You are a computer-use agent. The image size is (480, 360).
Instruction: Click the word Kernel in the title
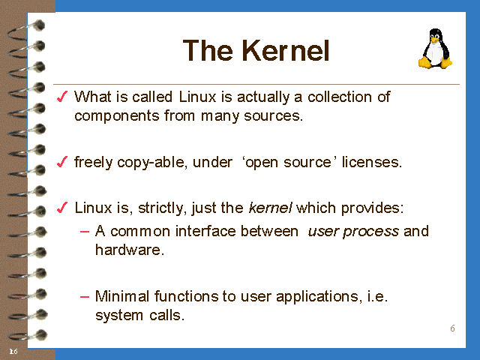(x=286, y=50)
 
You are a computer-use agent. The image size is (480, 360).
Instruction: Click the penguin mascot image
(x=435, y=48)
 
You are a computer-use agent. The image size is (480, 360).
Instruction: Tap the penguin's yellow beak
(x=434, y=40)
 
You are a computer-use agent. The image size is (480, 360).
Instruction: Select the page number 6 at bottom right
(x=452, y=328)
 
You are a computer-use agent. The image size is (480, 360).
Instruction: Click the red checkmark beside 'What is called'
(x=62, y=97)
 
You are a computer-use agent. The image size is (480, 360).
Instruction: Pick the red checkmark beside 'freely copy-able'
(x=62, y=162)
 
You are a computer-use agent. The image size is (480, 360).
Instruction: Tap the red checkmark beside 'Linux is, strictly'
(x=62, y=208)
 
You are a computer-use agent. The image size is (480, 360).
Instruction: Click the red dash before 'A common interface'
(x=85, y=232)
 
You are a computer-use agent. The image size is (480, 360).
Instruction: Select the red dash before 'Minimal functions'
(x=85, y=297)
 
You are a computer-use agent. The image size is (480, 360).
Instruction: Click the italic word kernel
(x=270, y=208)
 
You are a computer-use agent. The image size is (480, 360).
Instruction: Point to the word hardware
(x=130, y=250)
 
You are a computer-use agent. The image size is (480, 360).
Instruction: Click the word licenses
(x=372, y=162)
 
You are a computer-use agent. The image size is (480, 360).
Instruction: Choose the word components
(x=117, y=116)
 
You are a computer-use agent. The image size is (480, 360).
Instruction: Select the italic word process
(x=370, y=232)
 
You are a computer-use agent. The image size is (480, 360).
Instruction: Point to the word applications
(x=318, y=297)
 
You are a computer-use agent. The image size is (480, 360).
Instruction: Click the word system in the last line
(x=119, y=316)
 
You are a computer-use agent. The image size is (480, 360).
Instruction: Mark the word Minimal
(x=122, y=296)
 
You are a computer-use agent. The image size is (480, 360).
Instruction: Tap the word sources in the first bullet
(x=273, y=116)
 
